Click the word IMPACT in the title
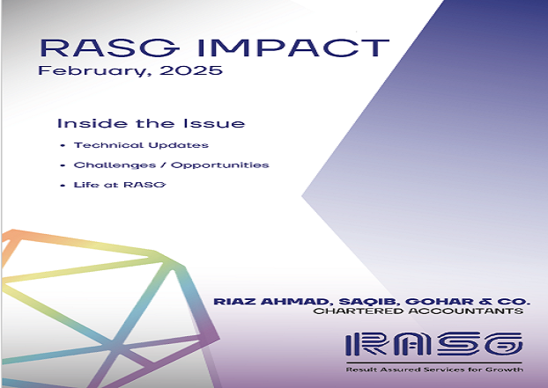coord(293,48)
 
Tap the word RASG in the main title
coord(108,48)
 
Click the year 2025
coord(191,70)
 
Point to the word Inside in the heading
coord(93,123)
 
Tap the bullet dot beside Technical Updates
coord(63,145)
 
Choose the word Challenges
coord(115,165)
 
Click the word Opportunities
coord(220,165)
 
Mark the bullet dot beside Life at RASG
coord(63,186)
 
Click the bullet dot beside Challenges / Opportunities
coord(63,165)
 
